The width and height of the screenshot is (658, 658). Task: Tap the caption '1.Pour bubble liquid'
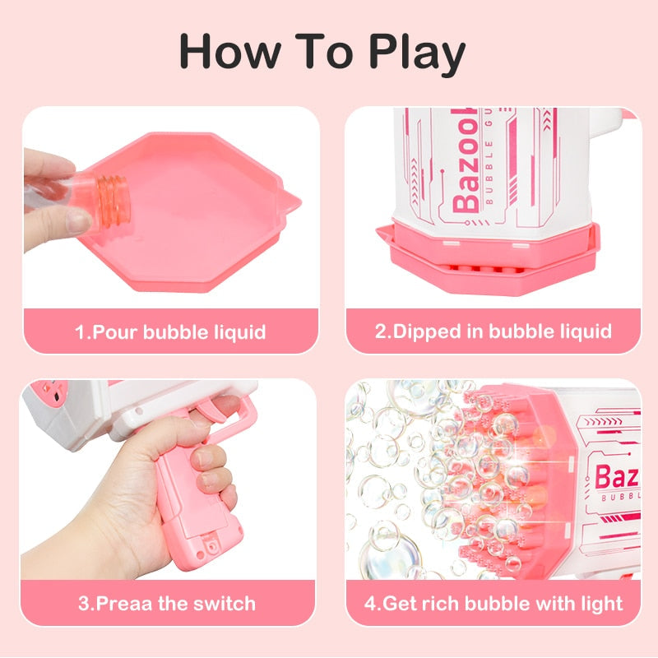pos(170,332)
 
